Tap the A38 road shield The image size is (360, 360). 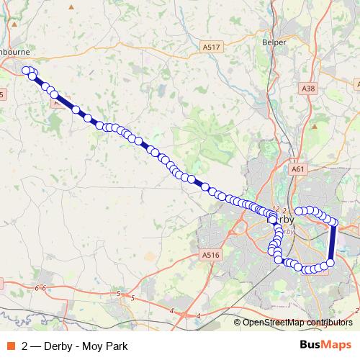click(x=308, y=89)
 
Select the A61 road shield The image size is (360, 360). click(x=299, y=169)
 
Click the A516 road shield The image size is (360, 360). click(x=210, y=254)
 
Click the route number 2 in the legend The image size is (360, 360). click(x=25, y=346)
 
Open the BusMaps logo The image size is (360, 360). click(x=325, y=345)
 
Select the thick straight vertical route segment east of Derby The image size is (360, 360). click(x=333, y=244)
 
